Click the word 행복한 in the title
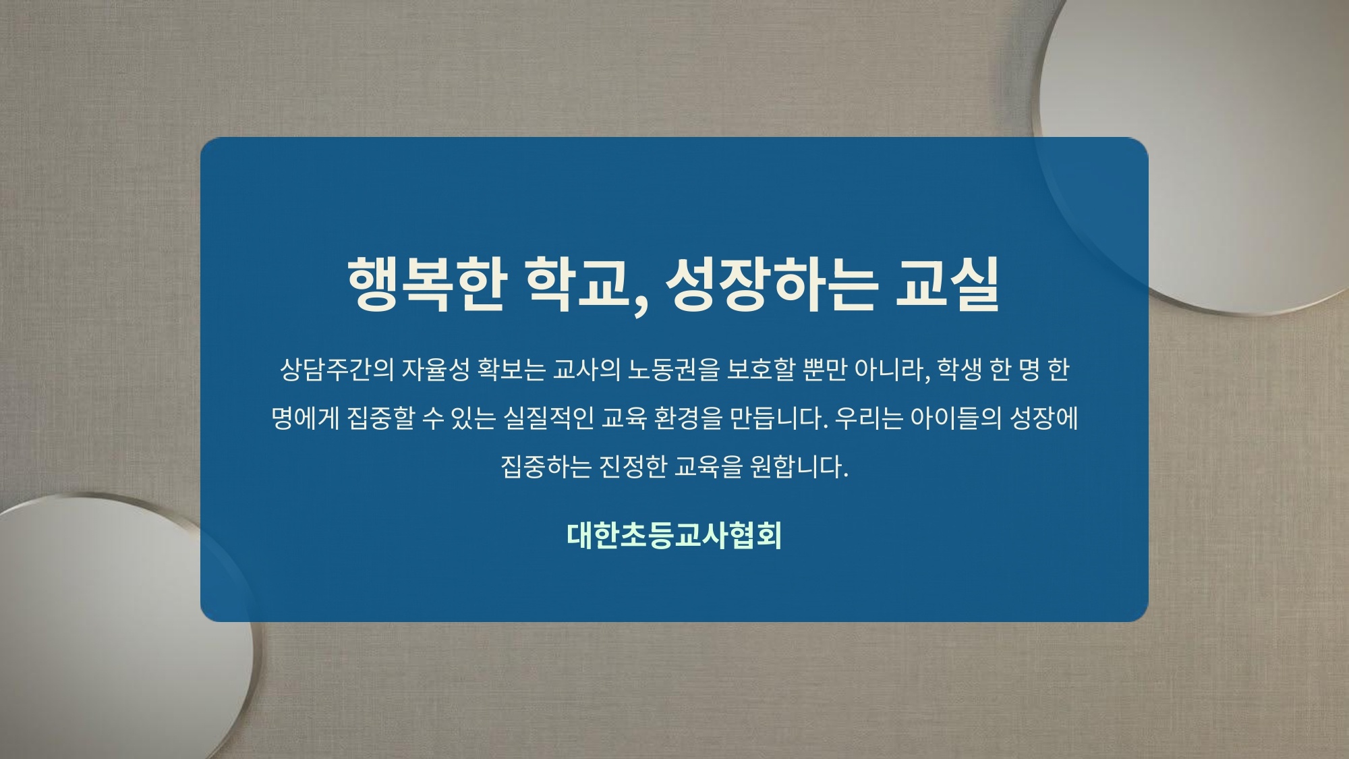426,284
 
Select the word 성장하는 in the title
772,284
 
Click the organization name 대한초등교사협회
674,535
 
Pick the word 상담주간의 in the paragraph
337,370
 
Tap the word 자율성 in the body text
436,370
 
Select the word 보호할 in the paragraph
761,370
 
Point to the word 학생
959,370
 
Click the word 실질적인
548,418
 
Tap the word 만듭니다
778,418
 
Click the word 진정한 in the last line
633,466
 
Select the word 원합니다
799,466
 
